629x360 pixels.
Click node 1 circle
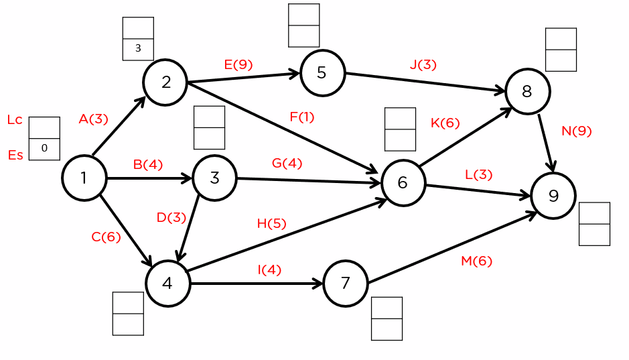point(84,178)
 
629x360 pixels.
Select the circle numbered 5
point(322,72)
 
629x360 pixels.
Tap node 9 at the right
point(553,195)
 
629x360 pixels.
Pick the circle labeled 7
point(345,284)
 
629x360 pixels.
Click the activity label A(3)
point(93,119)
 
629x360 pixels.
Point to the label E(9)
point(238,65)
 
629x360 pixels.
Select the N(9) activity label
point(576,131)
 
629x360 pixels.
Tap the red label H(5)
point(271,224)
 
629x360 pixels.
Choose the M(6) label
point(476,261)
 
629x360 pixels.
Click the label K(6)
point(445,123)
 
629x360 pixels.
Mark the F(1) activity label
point(301,117)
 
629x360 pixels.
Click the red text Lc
point(15,120)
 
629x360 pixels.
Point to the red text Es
point(15,156)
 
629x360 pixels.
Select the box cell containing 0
point(44,149)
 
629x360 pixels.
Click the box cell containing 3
point(138,48)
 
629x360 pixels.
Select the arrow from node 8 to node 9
point(547,143)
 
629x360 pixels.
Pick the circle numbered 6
point(403,182)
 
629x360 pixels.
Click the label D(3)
point(171,217)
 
